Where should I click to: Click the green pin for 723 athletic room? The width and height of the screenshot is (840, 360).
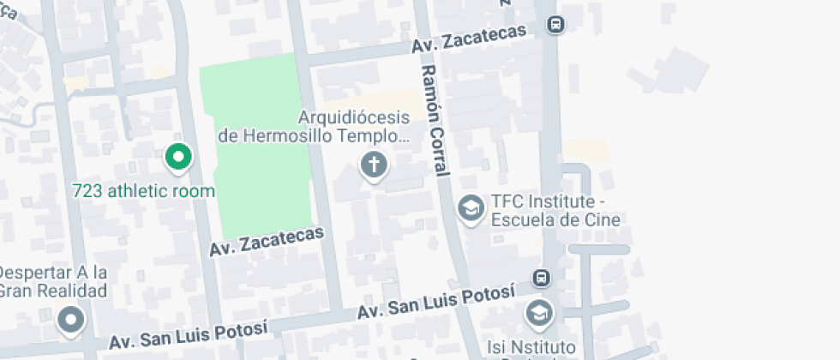[x=178, y=157]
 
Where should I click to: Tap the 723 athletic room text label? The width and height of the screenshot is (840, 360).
[x=143, y=190]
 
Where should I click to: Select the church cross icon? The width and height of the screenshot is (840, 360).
[x=374, y=164]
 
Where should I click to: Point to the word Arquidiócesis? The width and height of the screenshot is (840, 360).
[x=354, y=117]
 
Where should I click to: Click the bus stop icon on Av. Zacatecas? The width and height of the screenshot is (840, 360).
[x=556, y=25]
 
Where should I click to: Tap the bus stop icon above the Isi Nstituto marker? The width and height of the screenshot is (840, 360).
[x=541, y=278]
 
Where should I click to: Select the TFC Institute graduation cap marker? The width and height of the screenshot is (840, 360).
[x=471, y=207]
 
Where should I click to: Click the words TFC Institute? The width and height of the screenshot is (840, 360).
[x=542, y=201]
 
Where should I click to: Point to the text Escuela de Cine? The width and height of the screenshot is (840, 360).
[x=555, y=219]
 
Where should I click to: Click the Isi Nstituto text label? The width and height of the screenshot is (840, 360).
[x=529, y=347]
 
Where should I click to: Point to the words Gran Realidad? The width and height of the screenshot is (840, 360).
[x=53, y=291]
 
